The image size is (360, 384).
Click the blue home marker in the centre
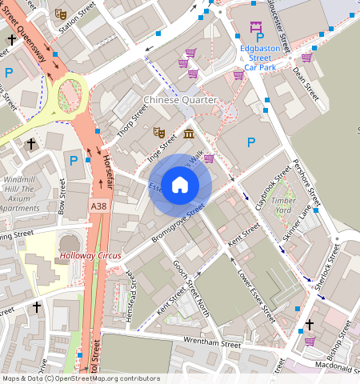coord(180,185)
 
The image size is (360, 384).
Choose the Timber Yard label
coord(283,206)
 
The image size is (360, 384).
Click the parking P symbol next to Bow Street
coord(74,161)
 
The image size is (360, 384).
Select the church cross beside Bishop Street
coord(309,325)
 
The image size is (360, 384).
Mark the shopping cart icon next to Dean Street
coord(306,57)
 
